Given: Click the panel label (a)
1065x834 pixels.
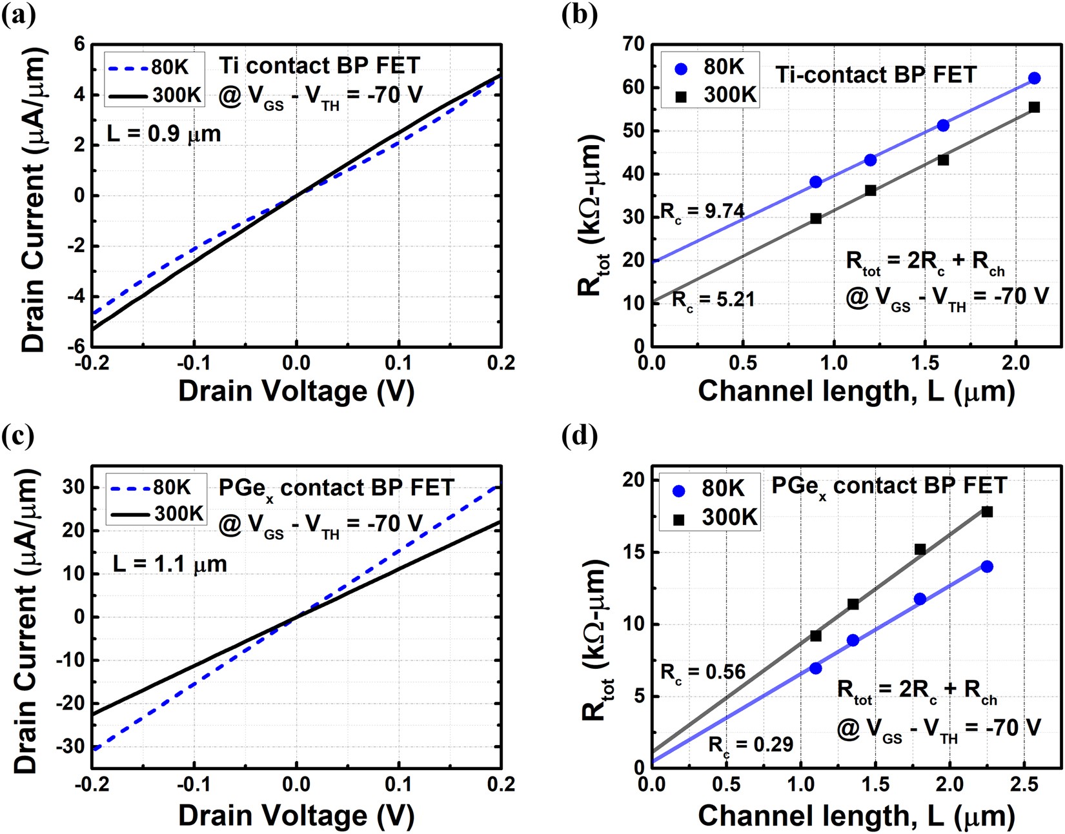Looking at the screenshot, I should (x=17, y=14).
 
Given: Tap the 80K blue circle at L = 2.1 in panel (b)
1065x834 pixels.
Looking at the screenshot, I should (x=1034, y=78).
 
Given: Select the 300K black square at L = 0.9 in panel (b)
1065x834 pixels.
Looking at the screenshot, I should (x=816, y=219).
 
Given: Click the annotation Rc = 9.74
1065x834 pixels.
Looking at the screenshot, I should (x=703, y=211).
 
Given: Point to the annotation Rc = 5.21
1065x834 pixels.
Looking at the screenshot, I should (x=713, y=300).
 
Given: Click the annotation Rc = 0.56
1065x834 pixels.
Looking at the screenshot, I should (x=703, y=672).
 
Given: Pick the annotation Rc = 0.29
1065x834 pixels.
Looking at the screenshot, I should (x=751, y=745).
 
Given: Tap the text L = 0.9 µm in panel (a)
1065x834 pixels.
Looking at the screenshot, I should (x=164, y=134).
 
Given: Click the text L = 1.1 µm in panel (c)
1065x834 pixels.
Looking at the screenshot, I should (x=170, y=564).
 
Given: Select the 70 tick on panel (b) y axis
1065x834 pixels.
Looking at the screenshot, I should (x=633, y=44).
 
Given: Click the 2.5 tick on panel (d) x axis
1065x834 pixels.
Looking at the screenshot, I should (x=1024, y=784).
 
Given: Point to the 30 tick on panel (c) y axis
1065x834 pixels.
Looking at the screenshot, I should (x=74, y=488).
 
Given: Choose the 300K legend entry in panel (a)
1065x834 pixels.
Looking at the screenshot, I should (x=155, y=95).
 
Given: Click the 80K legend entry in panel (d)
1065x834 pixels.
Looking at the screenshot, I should (x=709, y=489).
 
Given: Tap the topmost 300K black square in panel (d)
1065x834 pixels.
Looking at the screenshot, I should (x=987, y=511).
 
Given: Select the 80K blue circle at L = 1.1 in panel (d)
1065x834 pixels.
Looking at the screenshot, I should (x=816, y=668).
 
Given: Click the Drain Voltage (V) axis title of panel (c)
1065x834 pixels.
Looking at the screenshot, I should (x=296, y=815).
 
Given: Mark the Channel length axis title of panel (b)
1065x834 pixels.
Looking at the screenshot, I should (x=856, y=391).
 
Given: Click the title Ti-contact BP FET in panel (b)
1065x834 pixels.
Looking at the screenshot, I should (x=875, y=75).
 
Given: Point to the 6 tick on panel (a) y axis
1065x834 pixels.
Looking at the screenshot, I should (x=79, y=44).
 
